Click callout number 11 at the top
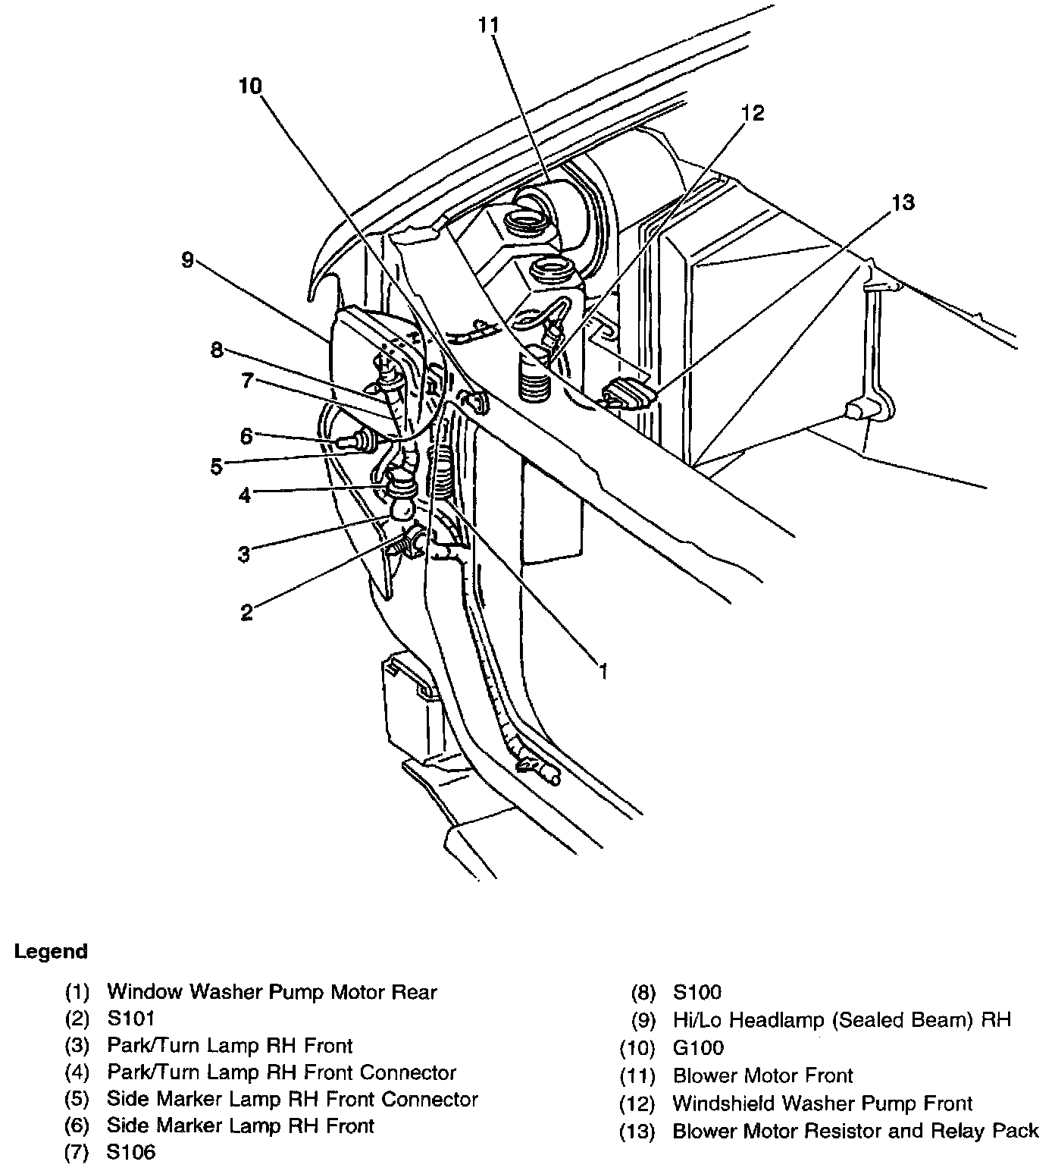point(489,25)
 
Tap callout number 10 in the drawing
point(249,86)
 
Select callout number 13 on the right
point(903,202)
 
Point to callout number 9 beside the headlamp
point(187,260)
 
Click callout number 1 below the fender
point(603,670)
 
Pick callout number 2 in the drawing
point(246,612)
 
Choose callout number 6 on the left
point(246,435)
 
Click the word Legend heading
point(51,951)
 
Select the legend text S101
point(131,1018)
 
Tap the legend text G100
point(698,1048)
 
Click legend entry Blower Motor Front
point(762,1075)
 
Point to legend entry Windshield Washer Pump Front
point(822,1103)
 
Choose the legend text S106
point(131,1153)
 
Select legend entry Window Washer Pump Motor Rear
point(272,991)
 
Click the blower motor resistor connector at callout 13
point(627,394)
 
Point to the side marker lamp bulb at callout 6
point(357,438)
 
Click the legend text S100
point(697,992)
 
